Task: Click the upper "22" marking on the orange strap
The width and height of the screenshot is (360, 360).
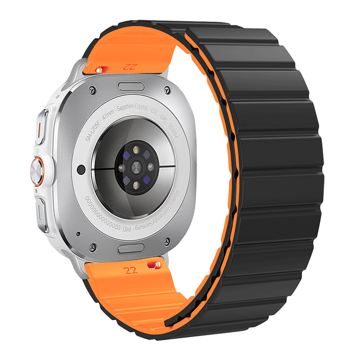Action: pyautogui.click(x=129, y=67)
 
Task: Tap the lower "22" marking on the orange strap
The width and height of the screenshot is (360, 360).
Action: pyautogui.click(x=131, y=270)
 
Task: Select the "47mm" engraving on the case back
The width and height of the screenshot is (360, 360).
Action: pyautogui.click(x=108, y=117)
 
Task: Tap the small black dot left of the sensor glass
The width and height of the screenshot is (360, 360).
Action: pyautogui.click(x=81, y=168)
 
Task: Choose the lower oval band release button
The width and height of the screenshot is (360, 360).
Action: pyautogui.click(x=132, y=248)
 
